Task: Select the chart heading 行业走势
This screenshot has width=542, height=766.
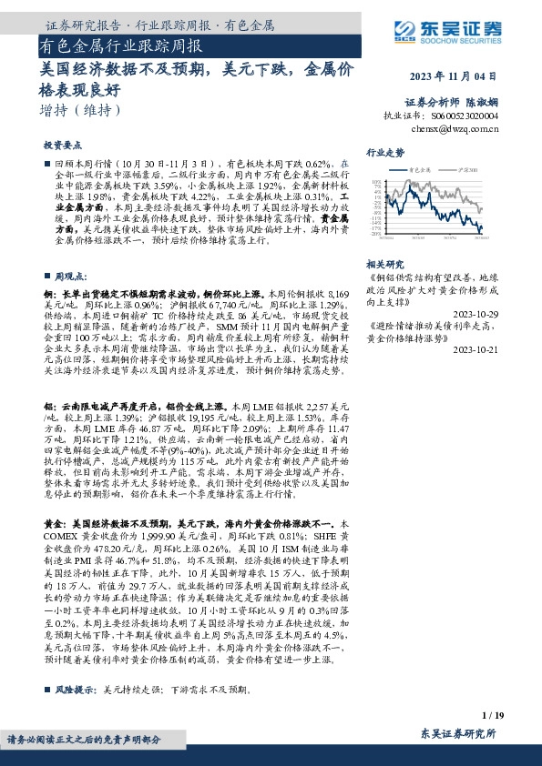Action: pyautogui.click(x=384, y=152)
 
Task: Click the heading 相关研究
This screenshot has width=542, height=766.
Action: pyautogui.click(x=384, y=263)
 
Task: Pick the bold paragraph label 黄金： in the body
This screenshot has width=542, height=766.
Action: pyautogui.click(x=54, y=525)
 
